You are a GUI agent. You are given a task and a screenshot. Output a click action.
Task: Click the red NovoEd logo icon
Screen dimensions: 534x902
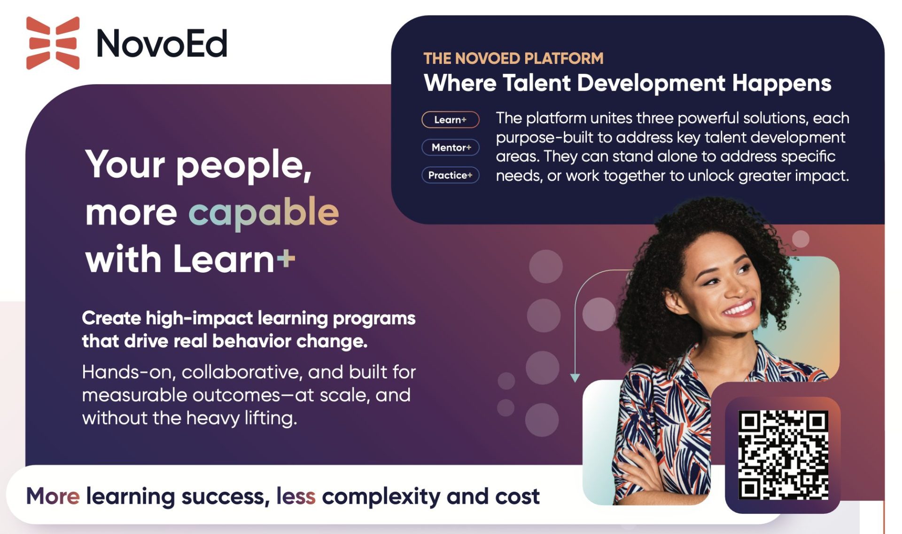point(53,43)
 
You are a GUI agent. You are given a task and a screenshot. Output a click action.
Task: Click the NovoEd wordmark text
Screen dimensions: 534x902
point(162,44)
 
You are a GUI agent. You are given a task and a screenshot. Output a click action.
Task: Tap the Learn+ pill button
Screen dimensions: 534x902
point(450,120)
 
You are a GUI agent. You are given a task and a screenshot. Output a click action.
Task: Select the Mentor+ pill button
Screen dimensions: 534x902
point(451,148)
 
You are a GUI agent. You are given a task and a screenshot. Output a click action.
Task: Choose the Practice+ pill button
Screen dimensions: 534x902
point(450,175)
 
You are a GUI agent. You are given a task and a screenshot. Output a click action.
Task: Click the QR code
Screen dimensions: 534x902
point(783,455)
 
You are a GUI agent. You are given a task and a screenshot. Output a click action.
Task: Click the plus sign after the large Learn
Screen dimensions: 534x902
point(286,258)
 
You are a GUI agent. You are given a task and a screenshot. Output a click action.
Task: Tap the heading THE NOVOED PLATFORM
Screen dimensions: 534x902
point(513,58)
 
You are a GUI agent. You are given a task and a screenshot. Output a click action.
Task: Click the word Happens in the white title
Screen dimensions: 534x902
point(781,83)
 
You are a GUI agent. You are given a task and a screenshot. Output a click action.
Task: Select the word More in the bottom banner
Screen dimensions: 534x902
point(53,496)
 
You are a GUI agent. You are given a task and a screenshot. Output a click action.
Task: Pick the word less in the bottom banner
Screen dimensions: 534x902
point(295,496)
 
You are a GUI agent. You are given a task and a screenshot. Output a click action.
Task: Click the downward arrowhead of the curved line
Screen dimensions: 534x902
point(575,377)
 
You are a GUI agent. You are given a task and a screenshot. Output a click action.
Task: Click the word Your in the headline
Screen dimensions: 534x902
point(125,165)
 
